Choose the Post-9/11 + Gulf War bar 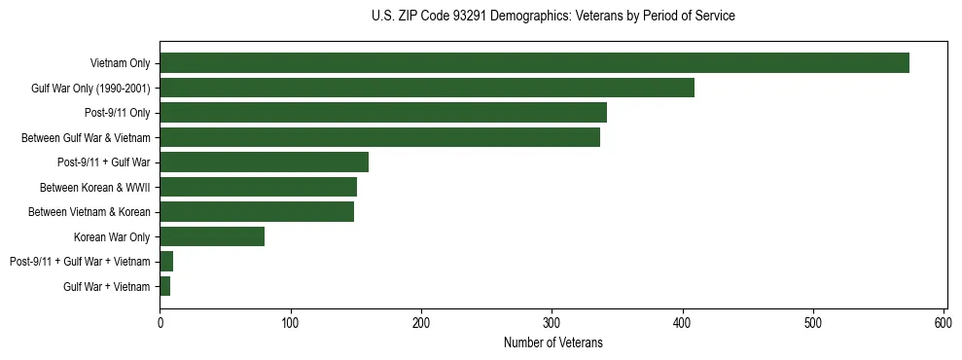[x=264, y=162]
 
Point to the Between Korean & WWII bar [x=258, y=187]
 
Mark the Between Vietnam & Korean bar [x=257, y=211]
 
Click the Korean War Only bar [x=212, y=236]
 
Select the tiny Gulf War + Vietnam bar [x=165, y=286]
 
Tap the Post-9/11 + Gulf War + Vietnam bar [x=166, y=261]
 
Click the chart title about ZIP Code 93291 [x=552, y=17]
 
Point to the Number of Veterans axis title [x=552, y=342]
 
